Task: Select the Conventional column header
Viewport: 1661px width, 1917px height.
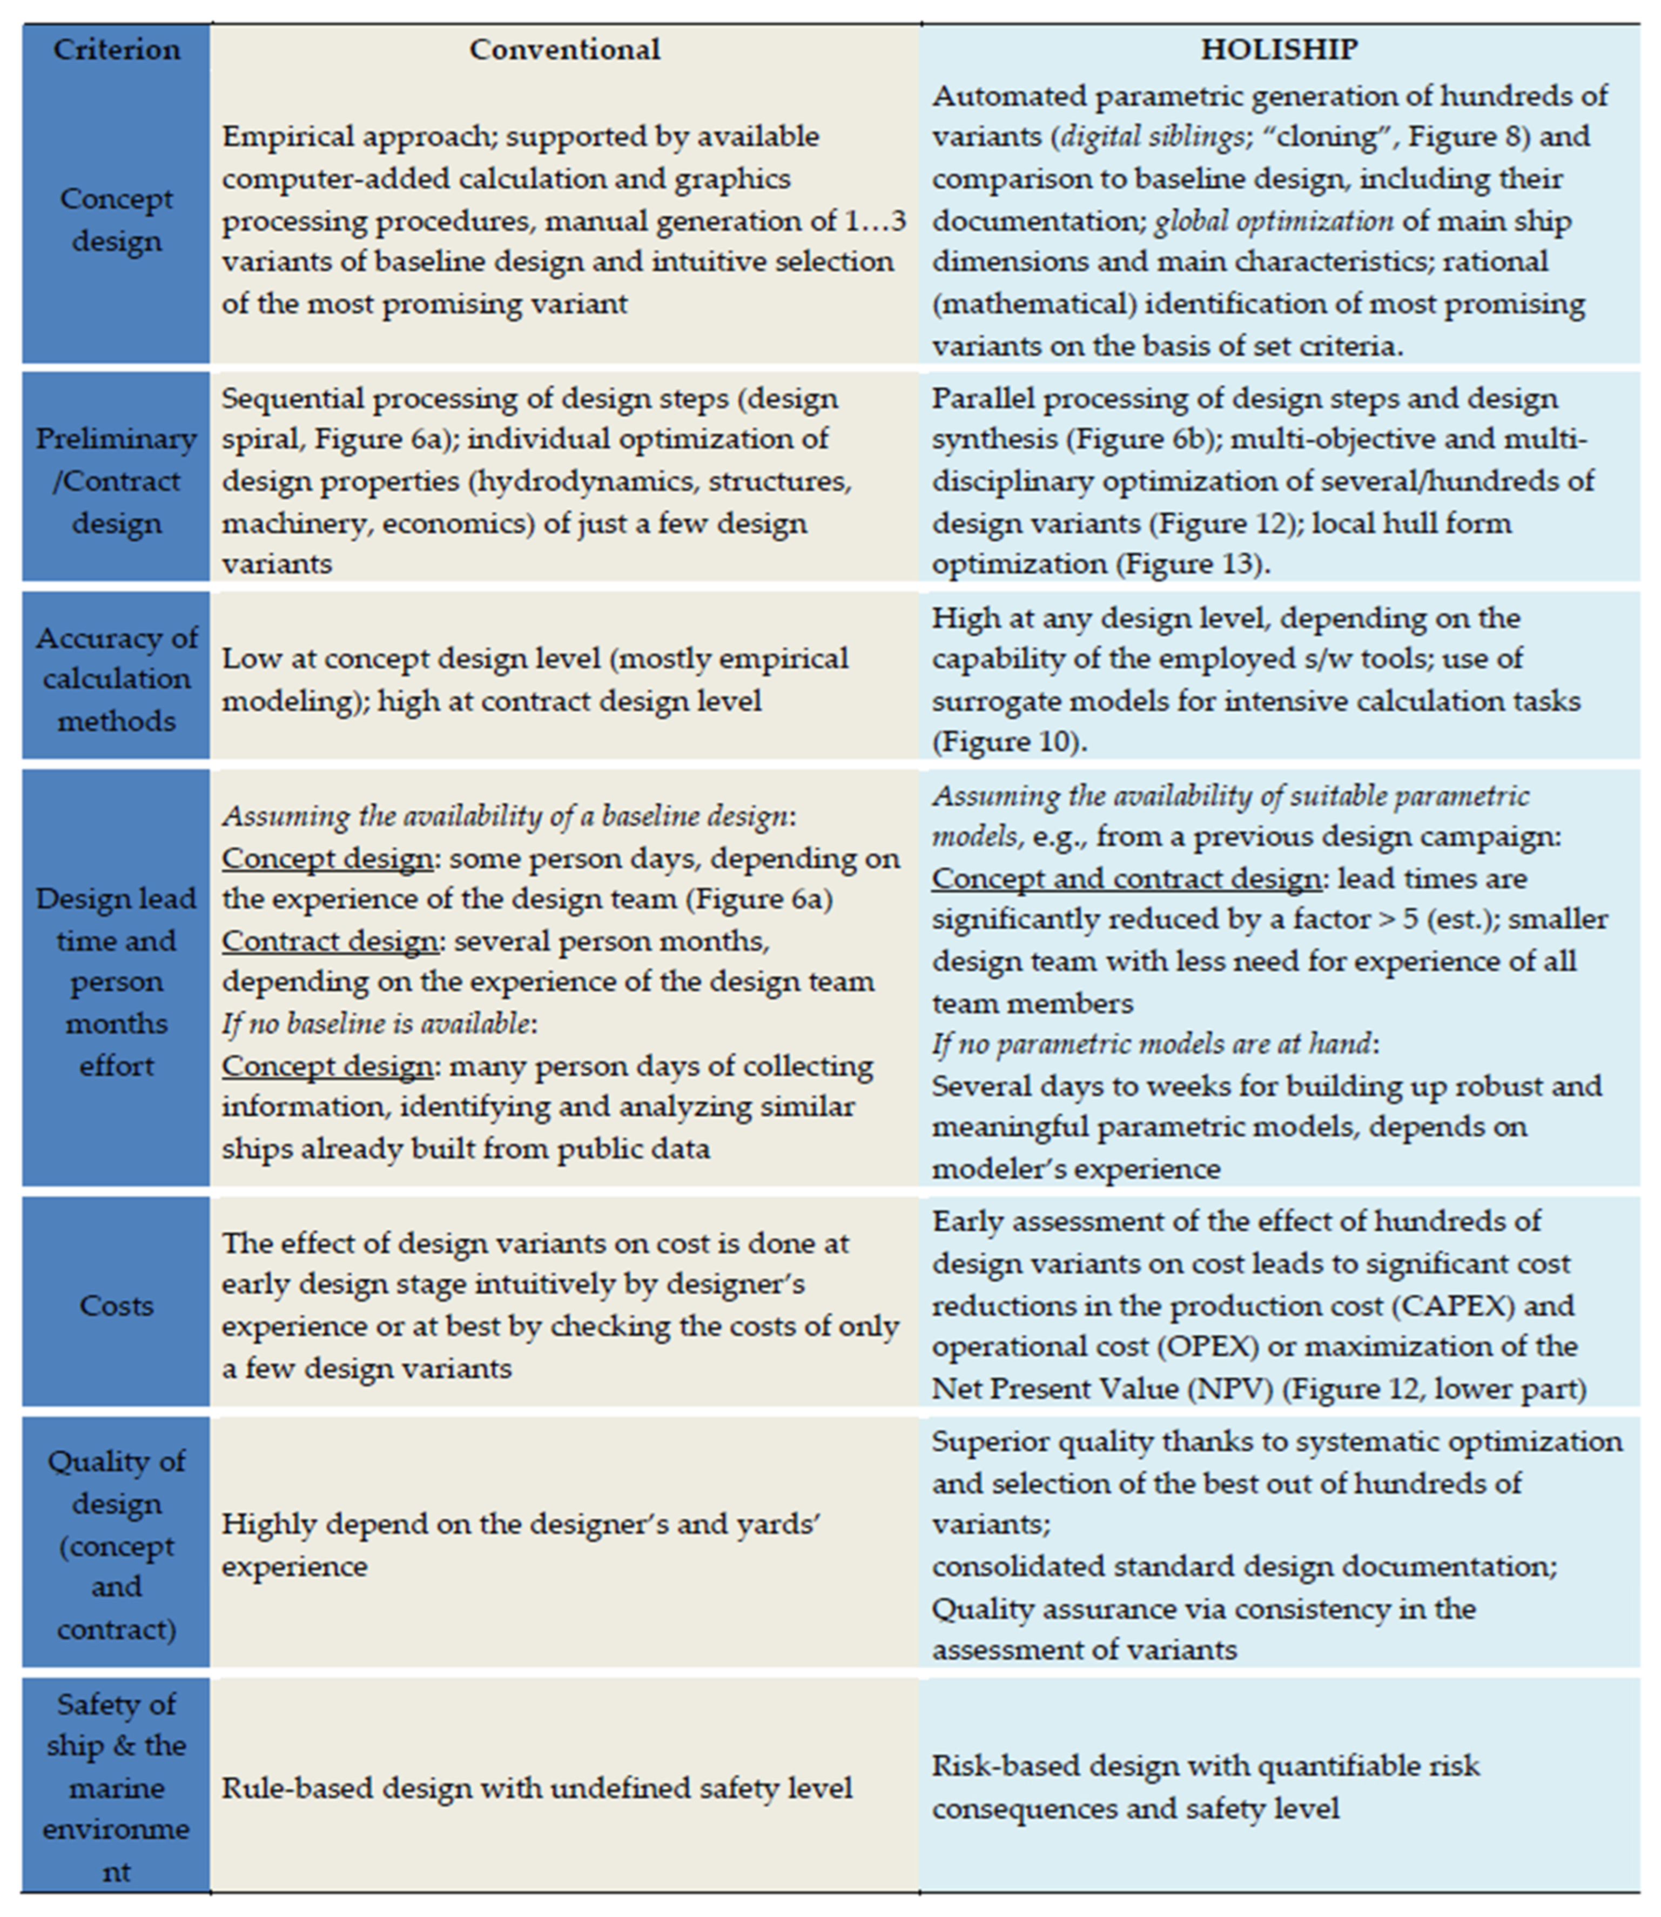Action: pos(564,49)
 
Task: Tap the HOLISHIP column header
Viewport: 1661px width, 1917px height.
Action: pos(1279,49)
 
